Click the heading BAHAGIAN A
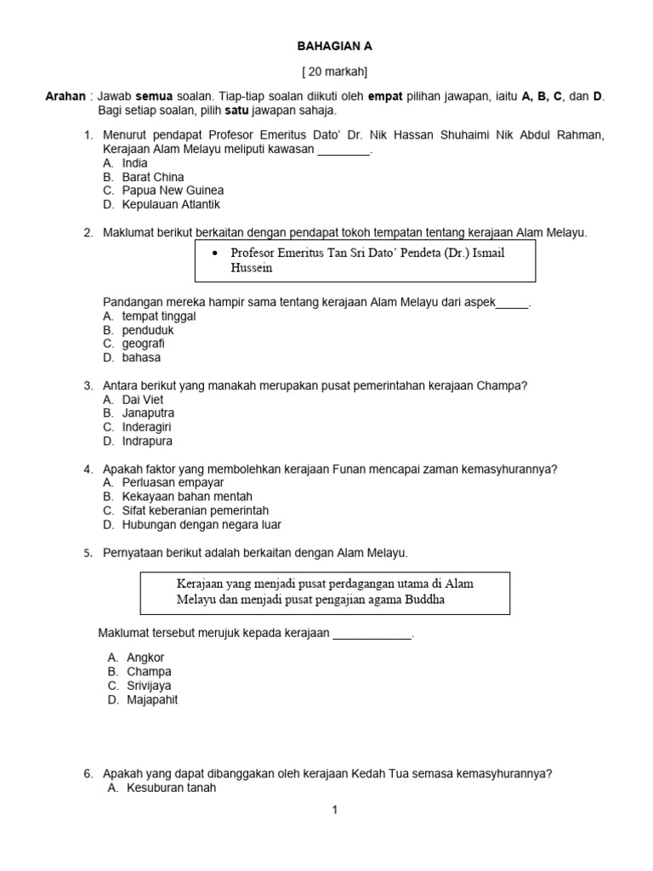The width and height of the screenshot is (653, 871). click(334, 46)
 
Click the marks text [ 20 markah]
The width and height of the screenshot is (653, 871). click(335, 71)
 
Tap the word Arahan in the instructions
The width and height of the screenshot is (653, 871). click(66, 96)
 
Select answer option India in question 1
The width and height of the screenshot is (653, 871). click(134, 162)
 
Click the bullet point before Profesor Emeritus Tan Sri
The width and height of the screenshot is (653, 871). click(215, 253)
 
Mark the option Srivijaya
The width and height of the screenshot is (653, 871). click(152, 686)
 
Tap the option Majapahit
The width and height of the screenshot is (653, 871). click(152, 700)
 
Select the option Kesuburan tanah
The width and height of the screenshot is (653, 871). click(171, 788)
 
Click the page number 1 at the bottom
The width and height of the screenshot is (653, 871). click(335, 810)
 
